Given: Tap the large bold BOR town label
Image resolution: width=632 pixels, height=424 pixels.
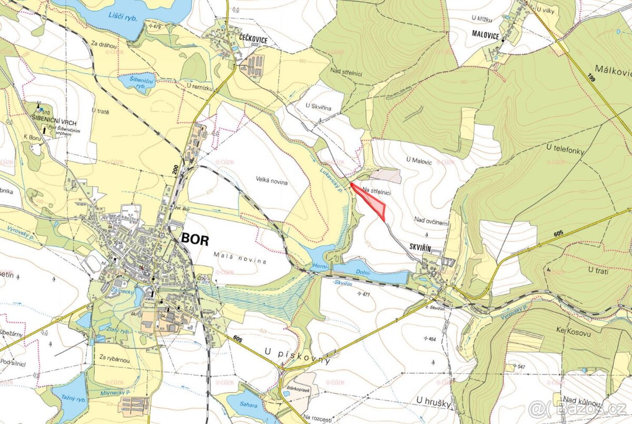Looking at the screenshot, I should coord(195,239).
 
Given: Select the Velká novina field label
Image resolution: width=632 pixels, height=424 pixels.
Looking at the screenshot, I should coord(273,181).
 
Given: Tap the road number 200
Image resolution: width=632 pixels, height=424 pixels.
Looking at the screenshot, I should coord(175,169).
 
